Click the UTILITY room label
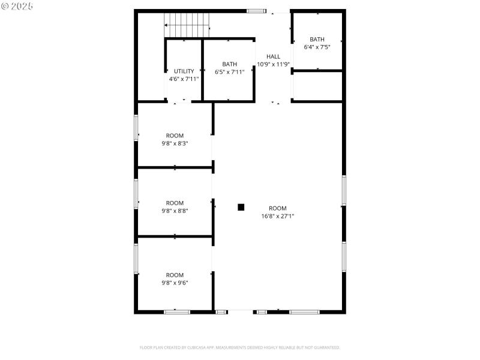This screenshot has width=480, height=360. (x=184, y=71)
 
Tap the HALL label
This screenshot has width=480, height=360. (x=273, y=57)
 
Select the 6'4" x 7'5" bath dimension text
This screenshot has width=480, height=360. (x=317, y=47)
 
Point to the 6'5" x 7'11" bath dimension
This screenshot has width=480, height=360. (x=229, y=72)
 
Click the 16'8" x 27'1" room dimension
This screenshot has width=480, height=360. (x=277, y=216)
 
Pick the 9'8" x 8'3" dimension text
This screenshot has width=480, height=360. (x=175, y=143)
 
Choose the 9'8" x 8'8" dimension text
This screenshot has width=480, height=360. (x=175, y=211)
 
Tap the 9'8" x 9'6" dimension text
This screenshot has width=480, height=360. (x=175, y=283)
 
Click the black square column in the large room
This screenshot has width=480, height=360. (x=241, y=207)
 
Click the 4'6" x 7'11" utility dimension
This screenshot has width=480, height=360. (x=184, y=79)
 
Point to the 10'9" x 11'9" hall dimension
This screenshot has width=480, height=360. (x=273, y=64)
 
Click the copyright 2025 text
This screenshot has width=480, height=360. (x=17, y=5)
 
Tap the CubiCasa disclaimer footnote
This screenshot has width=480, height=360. (x=240, y=347)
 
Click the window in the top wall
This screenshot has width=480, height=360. (x=256, y=11)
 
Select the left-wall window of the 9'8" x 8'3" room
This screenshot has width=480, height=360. (x=136, y=128)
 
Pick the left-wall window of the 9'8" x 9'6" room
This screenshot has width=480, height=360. (x=136, y=258)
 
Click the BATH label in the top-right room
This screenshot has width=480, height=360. (x=317, y=40)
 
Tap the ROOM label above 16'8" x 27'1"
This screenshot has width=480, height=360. (x=277, y=208)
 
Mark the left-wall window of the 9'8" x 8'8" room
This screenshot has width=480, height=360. (x=136, y=194)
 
